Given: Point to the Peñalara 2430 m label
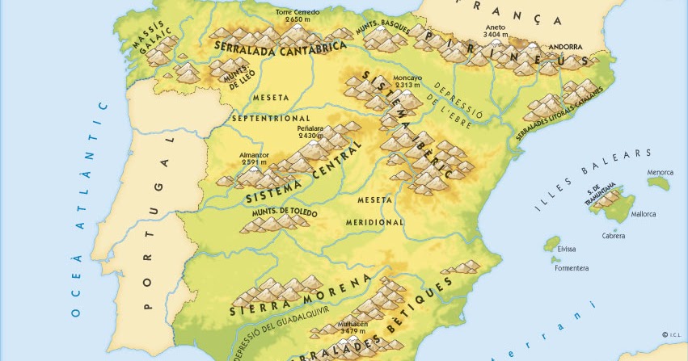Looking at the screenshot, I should pos(310,132).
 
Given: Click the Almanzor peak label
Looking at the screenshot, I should pos(253,159).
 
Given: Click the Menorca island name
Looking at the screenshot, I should pos(661,171).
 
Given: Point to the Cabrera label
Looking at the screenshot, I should pos(614,236).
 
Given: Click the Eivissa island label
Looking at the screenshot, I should pos(567,249).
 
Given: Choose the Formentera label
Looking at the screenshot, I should pos(571,267).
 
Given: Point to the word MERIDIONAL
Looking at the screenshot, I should pos(374,221).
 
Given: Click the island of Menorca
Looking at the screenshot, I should pos(659,183).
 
